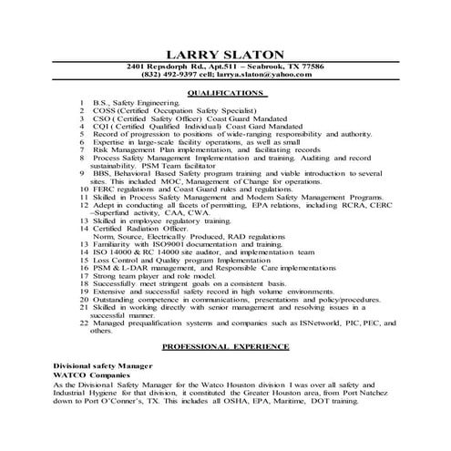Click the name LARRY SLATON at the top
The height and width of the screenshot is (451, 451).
[225, 56]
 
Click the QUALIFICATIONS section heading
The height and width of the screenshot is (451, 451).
[225, 93]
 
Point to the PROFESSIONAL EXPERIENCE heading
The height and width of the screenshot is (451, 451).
[225, 347]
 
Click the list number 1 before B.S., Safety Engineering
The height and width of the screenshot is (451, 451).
[83, 104]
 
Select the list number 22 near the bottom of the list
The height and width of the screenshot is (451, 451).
[84, 323]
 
